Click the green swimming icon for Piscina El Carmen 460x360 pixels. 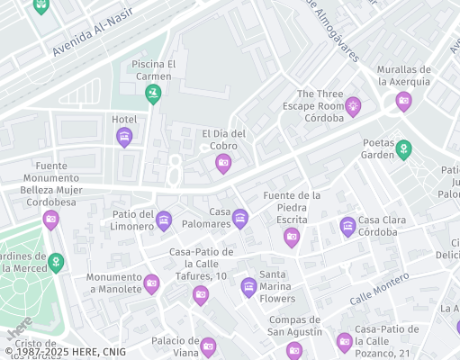point(153,93)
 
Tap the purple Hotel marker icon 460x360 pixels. point(124,136)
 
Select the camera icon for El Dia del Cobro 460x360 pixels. point(223,162)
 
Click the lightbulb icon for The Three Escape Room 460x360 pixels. point(353,106)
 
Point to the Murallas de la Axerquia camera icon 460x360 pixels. point(403,100)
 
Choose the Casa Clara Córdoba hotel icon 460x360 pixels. point(347,226)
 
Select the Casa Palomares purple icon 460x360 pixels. point(240,218)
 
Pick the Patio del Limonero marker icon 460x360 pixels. point(164,220)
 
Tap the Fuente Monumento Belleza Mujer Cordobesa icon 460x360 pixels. point(51,219)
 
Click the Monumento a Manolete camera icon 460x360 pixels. point(152,284)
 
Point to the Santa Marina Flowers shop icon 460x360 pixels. point(249,286)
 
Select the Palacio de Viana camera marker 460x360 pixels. point(208,346)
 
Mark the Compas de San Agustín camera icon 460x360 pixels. point(293,349)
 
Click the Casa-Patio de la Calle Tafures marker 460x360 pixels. point(201,293)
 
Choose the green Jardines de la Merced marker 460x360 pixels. point(57,262)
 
